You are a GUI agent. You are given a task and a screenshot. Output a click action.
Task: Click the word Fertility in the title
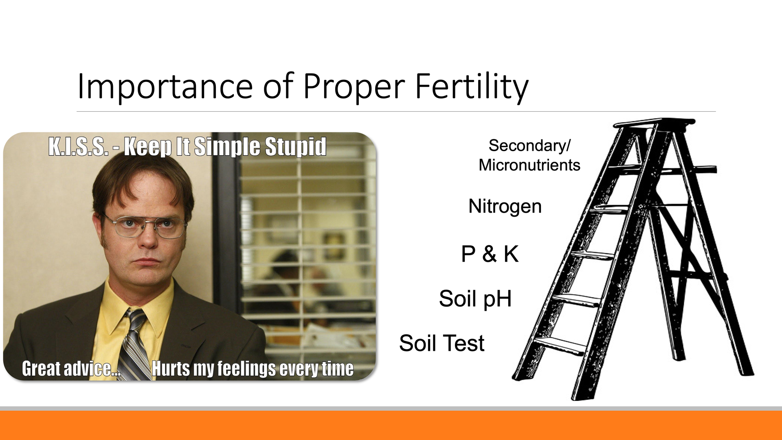click(472, 87)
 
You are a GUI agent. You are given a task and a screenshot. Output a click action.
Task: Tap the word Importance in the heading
click(165, 86)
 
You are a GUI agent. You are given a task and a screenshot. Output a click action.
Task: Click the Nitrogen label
click(505, 207)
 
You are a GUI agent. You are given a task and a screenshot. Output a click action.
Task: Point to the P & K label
click(490, 254)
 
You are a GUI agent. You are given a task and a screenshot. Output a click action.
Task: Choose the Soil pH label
click(475, 299)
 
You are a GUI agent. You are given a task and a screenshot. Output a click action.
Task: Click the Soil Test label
click(442, 343)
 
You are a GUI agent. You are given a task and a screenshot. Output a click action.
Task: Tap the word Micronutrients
click(529, 165)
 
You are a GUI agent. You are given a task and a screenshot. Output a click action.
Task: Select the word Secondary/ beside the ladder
click(529, 145)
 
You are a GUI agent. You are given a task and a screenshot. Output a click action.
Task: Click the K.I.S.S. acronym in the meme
click(79, 147)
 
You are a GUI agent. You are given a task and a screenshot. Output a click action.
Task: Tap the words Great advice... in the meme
click(71, 369)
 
